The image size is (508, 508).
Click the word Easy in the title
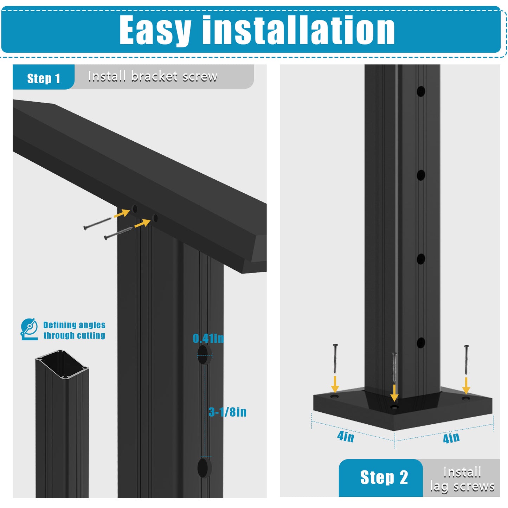point(155,30)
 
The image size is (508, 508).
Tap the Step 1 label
point(44,78)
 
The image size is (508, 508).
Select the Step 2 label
point(384,477)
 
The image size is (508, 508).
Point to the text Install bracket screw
point(153,76)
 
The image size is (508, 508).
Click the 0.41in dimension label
point(208,338)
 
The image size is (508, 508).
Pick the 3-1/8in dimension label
point(227,412)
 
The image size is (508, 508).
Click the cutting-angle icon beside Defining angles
point(29,329)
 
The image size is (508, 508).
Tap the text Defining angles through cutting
point(74,330)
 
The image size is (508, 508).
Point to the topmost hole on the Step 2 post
point(421,91)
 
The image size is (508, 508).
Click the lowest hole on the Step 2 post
point(421,343)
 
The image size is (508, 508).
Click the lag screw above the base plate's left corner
point(335,359)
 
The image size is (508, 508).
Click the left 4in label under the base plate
point(346,437)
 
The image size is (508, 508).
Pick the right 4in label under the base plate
point(451,438)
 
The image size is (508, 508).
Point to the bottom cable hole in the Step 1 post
point(205,468)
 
